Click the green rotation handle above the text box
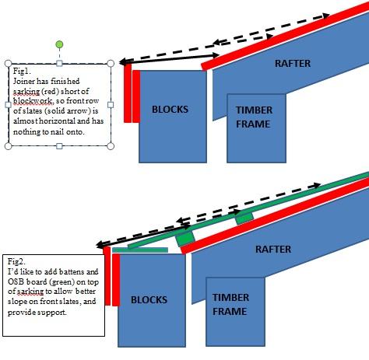click(59, 44)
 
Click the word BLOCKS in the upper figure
click(170, 110)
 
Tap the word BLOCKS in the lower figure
click(149, 300)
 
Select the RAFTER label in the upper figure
click(293, 64)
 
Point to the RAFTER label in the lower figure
click(273, 250)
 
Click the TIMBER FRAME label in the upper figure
click(254, 117)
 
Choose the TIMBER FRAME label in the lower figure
click(230, 304)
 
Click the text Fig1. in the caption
click(22, 71)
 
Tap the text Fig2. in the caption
click(16, 261)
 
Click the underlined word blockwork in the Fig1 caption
click(33, 101)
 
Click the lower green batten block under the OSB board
click(185, 239)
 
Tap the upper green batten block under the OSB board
click(244, 218)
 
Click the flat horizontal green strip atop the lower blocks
click(140, 250)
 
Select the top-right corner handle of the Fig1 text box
click(111, 64)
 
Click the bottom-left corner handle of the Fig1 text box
click(9, 146)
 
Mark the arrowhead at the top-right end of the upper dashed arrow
click(326, 16)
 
